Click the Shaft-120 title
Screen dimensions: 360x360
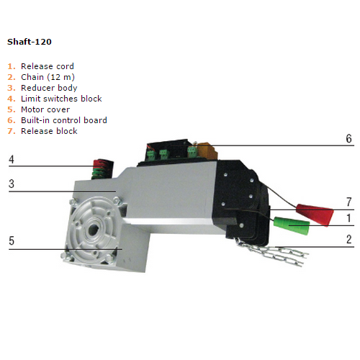click(30, 42)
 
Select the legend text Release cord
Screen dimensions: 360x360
click(48, 66)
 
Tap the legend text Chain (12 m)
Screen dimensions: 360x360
click(48, 77)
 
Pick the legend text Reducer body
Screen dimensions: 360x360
click(49, 88)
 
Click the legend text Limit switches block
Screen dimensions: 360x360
click(61, 99)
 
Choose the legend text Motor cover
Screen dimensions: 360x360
click(45, 109)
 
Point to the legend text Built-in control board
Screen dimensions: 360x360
click(64, 120)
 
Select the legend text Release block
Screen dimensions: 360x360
click(49, 131)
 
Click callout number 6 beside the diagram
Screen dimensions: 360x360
click(348, 138)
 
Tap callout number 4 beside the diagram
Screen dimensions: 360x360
click(12, 159)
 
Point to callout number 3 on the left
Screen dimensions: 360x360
click(12, 184)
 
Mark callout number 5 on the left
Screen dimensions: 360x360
click(12, 240)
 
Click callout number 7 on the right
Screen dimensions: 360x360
click(349, 202)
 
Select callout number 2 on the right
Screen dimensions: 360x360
click(349, 239)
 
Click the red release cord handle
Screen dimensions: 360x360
click(315, 214)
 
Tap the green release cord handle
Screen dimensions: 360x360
click(292, 225)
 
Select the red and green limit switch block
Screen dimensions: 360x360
click(103, 169)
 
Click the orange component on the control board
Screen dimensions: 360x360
click(207, 150)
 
